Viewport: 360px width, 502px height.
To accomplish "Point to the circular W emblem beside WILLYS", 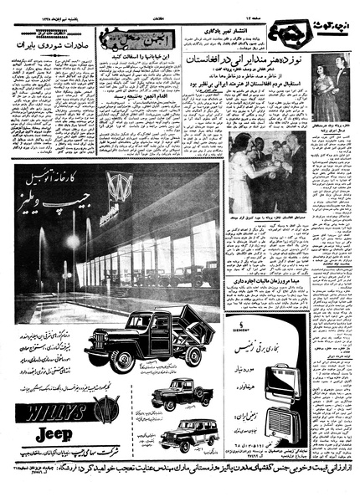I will pyautogui.click(x=105, y=412).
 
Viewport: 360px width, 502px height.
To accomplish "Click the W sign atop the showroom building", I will pyautogui.click(x=118, y=189).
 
